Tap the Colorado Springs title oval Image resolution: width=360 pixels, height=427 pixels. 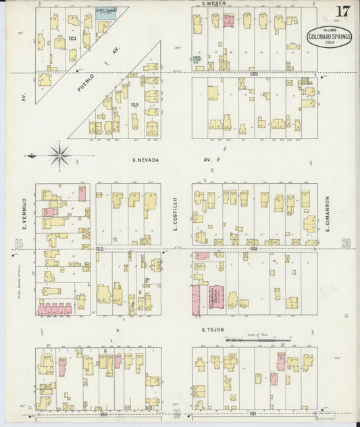click(330, 37)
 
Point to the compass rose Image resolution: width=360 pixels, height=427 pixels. click(60, 156)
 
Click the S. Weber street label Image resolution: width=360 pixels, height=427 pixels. click(213, 4)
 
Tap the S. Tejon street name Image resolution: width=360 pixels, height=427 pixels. click(213, 330)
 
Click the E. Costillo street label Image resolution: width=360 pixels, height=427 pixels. click(175, 211)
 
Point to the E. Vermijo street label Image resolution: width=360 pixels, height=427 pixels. click(24, 211)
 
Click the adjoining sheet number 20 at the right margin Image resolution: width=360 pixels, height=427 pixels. click(346, 243)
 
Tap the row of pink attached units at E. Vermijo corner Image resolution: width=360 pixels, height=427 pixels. click(54, 310)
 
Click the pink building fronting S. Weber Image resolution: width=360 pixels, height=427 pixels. click(228, 20)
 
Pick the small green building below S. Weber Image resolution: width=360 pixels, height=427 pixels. click(197, 59)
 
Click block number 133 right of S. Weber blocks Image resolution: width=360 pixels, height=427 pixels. click(253, 73)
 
